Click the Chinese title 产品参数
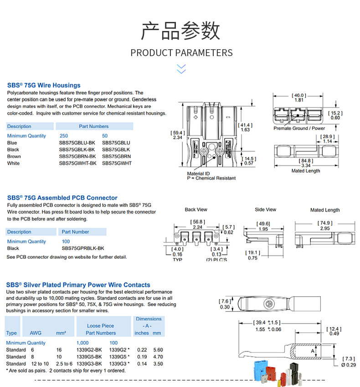[180, 31]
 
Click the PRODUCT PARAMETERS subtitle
[181, 53]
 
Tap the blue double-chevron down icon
[181, 69]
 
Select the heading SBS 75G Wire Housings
[44, 85]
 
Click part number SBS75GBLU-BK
[77, 143]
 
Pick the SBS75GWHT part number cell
[117, 163]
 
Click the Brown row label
[14, 156]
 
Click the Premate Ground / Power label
[299, 129]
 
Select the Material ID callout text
[199, 174]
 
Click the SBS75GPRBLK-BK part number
[83, 248]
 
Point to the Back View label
[196, 210]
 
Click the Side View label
[265, 210]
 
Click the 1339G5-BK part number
[88, 357]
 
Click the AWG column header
[36, 333]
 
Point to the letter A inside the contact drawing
[312, 351]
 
